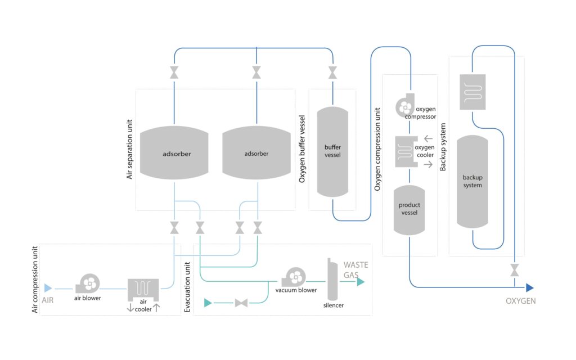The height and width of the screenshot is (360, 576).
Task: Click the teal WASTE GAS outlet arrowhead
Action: point(361,282)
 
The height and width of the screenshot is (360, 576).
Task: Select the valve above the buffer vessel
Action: point(332,73)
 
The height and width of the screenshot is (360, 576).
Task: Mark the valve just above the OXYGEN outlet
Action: point(514,269)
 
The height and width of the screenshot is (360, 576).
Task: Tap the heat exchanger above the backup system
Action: point(472,92)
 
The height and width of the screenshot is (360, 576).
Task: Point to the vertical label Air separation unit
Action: point(129,149)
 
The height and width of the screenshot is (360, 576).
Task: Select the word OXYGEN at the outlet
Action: point(520,301)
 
